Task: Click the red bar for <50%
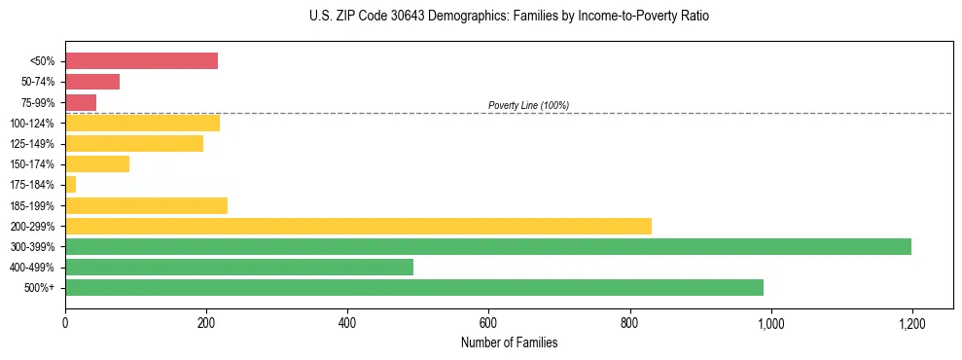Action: [141, 61]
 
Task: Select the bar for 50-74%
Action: [92, 82]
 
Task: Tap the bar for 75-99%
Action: [81, 102]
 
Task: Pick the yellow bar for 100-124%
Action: [142, 123]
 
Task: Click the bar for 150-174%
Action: [97, 164]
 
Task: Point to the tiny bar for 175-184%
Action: [70, 185]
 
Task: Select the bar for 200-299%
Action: [358, 226]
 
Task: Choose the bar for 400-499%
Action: [239, 267]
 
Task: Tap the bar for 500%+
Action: [414, 287]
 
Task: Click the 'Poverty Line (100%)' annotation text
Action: [528, 105]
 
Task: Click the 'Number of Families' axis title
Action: [509, 342]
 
